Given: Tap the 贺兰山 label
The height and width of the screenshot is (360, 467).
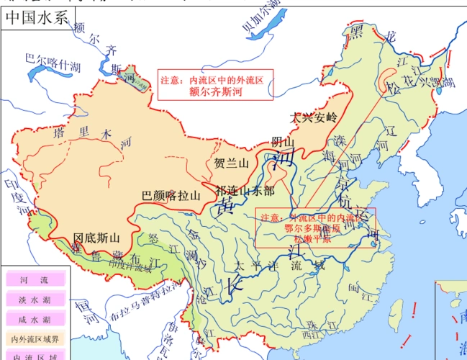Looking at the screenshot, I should pyautogui.click(x=231, y=163).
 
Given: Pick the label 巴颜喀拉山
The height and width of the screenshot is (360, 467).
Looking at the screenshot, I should pyautogui.click(x=171, y=194).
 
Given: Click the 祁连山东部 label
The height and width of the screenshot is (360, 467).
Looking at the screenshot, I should pyautogui.click(x=245, y=191).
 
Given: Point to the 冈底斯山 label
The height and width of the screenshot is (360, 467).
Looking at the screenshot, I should pyautogui.click(x=96, y=237).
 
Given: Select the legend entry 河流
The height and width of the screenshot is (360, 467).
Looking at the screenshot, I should pyautogui.click(x=33, y=279).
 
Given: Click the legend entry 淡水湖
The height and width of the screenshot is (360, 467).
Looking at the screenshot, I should pyautogui.click(x=33, y=300).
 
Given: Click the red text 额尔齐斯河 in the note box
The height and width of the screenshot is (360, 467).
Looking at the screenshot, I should pyautogui.click(x=217, y=91).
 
